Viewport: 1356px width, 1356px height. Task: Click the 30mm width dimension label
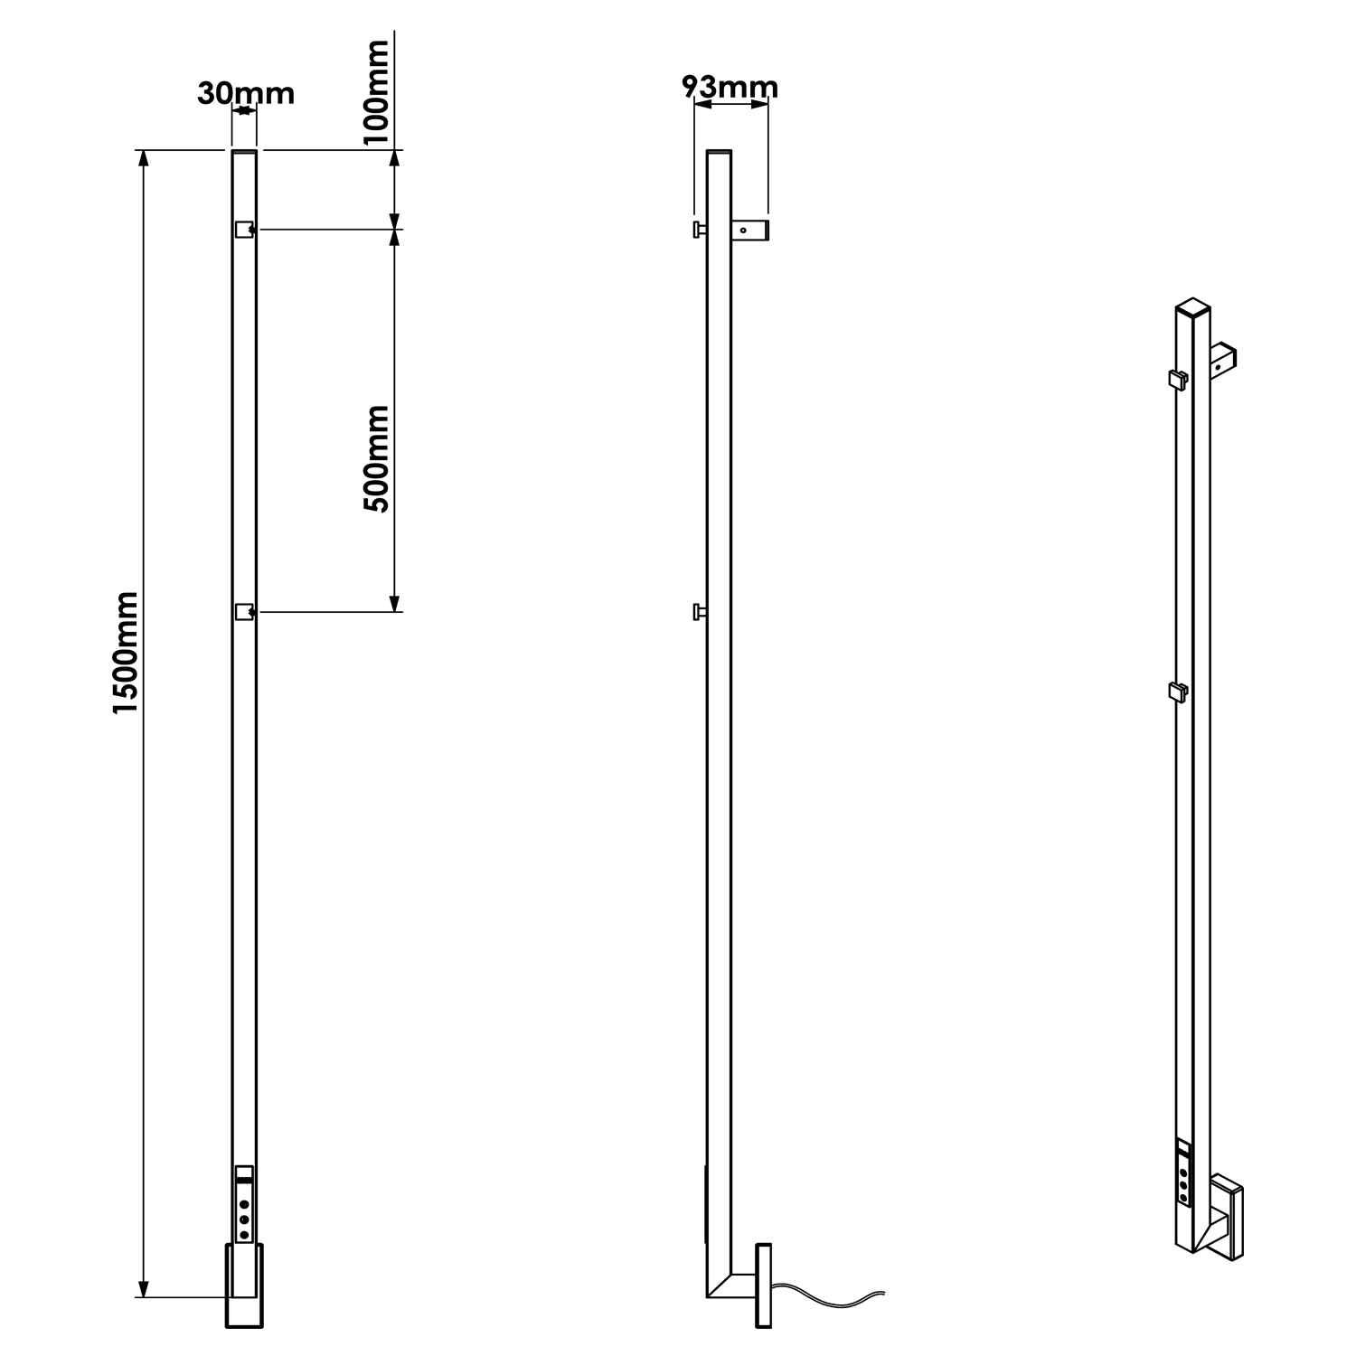(246, 93)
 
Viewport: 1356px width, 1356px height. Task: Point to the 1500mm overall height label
(125, 653)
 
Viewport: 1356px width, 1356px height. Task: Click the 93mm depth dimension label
(730, 87)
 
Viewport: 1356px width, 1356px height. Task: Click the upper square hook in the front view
(243, 230)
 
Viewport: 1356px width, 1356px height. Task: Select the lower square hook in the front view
(243, 613)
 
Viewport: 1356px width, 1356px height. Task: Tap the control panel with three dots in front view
(243, 1203)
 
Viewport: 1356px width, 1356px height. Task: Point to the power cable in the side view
(832, 1298)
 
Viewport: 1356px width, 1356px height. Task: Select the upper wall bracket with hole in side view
(750, 231)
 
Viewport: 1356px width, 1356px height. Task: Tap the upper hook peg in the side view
(699, 231)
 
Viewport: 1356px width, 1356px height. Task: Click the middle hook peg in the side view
(699, 613)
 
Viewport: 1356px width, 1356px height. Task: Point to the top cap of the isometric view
(1192, 306)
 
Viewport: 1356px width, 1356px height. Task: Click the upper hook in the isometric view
(1178, 378)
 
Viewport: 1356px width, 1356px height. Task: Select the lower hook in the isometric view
(1178, 692)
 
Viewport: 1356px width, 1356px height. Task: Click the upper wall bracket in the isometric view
(1225, 359)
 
